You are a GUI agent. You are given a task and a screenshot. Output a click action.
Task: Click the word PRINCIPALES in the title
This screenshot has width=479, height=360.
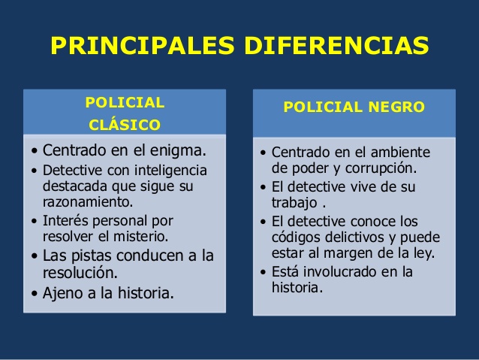tap(143, 45)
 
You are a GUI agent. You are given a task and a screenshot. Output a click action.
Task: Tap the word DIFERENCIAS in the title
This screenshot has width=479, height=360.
tap(336, 45)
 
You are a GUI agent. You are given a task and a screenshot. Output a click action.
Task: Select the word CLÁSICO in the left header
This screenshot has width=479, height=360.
tap(125, 125)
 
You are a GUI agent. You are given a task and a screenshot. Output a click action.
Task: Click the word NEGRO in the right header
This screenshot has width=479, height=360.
tap(396, 107)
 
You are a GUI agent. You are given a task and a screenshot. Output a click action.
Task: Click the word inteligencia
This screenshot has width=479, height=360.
tap(170, 171)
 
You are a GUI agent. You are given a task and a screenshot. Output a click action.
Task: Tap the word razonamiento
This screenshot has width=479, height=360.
tap(88, 202)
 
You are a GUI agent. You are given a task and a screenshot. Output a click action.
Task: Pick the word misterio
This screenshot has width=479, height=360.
tap(141, 237)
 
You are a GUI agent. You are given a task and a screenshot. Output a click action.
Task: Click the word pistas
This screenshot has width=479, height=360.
tap(92, 256)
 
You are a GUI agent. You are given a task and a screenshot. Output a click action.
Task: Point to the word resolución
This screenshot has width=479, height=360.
tap(80, 272)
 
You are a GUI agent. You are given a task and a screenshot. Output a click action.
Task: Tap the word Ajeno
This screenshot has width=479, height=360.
tap(63, 293)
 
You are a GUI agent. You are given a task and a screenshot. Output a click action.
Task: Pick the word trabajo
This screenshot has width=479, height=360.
tap(294, 202)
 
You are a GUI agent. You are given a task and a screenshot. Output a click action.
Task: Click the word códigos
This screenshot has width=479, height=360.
tap(297, 237)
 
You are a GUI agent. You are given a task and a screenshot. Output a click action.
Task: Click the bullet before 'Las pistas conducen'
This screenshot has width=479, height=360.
tap(35, 256)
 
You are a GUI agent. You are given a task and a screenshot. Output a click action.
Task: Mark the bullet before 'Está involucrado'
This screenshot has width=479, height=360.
tap(264, 272)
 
